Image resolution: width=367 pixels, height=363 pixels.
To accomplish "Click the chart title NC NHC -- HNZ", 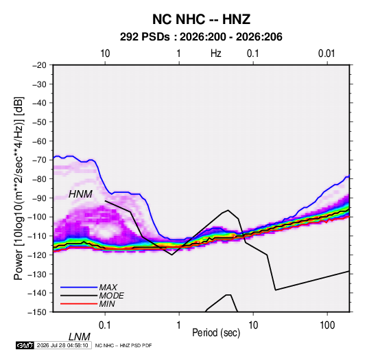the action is (201, 19).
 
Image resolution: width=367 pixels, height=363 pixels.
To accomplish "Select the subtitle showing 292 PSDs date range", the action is (201, 37).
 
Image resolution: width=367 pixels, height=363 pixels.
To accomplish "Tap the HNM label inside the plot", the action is (80, 194).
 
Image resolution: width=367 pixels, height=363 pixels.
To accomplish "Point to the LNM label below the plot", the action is (80, 337).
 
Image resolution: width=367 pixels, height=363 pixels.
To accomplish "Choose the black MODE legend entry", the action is (92, 296).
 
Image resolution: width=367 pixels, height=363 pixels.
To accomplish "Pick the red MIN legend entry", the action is (88, 304).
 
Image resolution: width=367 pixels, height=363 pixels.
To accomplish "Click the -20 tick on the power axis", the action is (39, 65).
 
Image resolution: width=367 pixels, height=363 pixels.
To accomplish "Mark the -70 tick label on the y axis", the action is (39, 160).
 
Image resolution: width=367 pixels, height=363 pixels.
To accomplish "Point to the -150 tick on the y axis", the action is (37, 312).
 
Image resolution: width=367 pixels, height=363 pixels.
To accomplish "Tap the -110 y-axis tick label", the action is (37, 236).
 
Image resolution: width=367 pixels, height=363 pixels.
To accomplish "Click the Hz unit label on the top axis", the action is (216, 54).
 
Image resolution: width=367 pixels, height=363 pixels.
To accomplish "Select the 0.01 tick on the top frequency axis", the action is (327, 54).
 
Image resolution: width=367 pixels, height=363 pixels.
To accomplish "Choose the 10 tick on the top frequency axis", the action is (105, 54).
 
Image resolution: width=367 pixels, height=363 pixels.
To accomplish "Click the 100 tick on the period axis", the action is (327, 325).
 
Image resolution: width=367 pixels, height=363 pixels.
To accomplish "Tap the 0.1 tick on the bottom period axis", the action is (105, 325).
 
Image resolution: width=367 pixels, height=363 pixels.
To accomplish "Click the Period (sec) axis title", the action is (216, 333).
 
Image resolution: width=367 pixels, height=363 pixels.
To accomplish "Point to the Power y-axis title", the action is (19, 189).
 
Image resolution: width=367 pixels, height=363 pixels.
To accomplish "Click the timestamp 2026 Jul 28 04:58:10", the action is (62, 345).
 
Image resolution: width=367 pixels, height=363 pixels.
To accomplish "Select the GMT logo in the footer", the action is (25, 345).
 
